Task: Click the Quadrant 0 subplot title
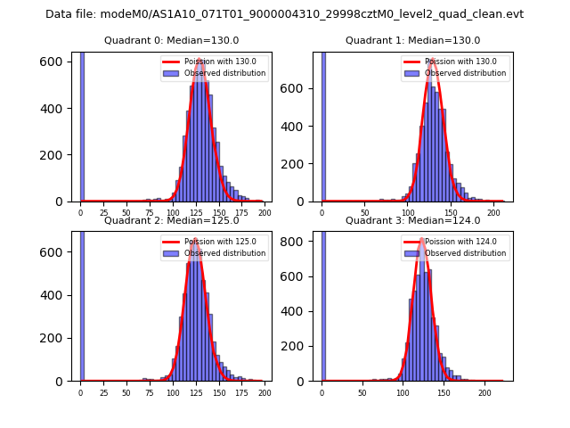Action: click(171, 40)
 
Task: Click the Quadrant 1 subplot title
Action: click(412, 40)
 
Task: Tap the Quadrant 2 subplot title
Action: click(171, 220)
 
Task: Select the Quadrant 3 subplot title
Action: click(412, 220)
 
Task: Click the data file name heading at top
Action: click(284, 14)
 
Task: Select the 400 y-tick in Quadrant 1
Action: click(300, 127)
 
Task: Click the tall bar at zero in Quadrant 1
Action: click(322, 125)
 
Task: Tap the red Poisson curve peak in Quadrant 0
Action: click(200, 60)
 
